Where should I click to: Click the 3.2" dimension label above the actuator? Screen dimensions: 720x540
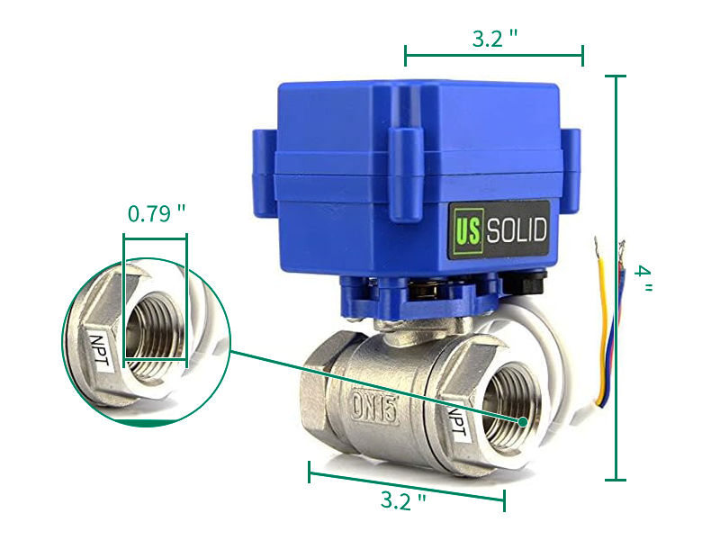click(x=494, y=38)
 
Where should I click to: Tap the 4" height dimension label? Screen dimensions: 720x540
click(x=643, y=277)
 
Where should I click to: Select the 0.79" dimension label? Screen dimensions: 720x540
click(x=156, y=213)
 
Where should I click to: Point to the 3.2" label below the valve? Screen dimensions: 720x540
click(x=402, y=500)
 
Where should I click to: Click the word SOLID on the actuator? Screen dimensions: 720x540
click(x=517, y=229)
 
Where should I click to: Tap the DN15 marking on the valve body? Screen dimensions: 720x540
click(x=374, y=407)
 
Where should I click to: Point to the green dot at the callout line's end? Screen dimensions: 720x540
click(x=523, y=421)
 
